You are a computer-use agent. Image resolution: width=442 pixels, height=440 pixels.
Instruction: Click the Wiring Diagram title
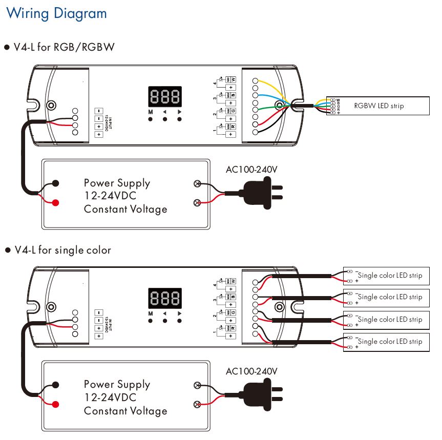coord(56,13)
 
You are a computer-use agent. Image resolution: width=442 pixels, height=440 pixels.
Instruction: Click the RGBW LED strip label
coord(378,106)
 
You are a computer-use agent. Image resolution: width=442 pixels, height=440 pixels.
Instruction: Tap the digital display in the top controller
coord(165,96)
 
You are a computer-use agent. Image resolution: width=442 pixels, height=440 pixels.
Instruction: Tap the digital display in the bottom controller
coord(165,298)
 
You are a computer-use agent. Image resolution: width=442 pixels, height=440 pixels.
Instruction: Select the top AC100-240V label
coord(251,170)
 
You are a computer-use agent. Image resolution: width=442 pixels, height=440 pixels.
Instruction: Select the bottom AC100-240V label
coord(251,371)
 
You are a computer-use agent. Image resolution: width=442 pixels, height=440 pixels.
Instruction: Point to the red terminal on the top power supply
coord(55,203)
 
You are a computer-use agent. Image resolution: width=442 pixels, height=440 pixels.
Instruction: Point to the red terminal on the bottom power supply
coord(55,404)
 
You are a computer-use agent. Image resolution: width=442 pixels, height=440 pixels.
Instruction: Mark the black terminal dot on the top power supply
coord(55,183)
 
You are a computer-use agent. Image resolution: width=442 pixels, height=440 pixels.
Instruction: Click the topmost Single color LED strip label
coord(390,276)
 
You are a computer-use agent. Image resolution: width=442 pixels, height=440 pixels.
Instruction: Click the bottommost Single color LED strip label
coord(390,342)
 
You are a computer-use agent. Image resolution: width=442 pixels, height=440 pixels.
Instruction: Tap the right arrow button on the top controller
coord(179,119)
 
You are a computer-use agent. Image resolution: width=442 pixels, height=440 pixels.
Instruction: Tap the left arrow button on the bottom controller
coord(165,321)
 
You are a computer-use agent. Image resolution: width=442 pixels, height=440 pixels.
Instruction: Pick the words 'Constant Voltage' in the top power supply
coord(125,209)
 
